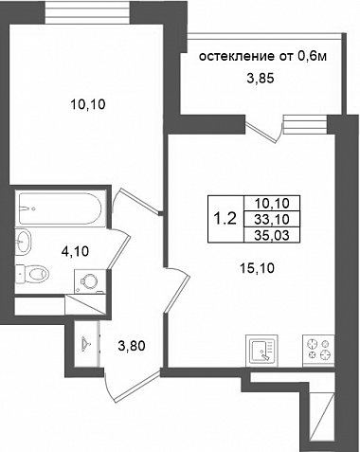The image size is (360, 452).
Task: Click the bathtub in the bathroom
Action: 61,208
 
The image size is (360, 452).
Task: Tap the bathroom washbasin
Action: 24,242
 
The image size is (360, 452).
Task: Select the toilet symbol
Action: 32,273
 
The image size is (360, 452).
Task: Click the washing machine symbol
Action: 90,281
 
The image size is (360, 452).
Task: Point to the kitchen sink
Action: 261,351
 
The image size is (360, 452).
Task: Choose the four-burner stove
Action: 318,351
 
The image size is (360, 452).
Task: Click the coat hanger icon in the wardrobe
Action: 85,342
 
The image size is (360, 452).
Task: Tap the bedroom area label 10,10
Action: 88,104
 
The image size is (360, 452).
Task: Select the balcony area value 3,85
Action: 261,78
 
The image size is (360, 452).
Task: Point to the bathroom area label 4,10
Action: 75,252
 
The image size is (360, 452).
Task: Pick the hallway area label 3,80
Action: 132,346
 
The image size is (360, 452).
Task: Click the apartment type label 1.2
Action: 225,219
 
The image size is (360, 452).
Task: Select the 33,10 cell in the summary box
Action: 272,219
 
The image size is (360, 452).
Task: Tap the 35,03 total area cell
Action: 272,235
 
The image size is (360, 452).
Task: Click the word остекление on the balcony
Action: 237,57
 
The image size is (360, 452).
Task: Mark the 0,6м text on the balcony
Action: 312,56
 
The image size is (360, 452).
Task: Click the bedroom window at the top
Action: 87,11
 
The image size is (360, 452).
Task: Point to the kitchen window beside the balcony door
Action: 305,124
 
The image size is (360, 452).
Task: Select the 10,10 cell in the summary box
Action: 272,203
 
